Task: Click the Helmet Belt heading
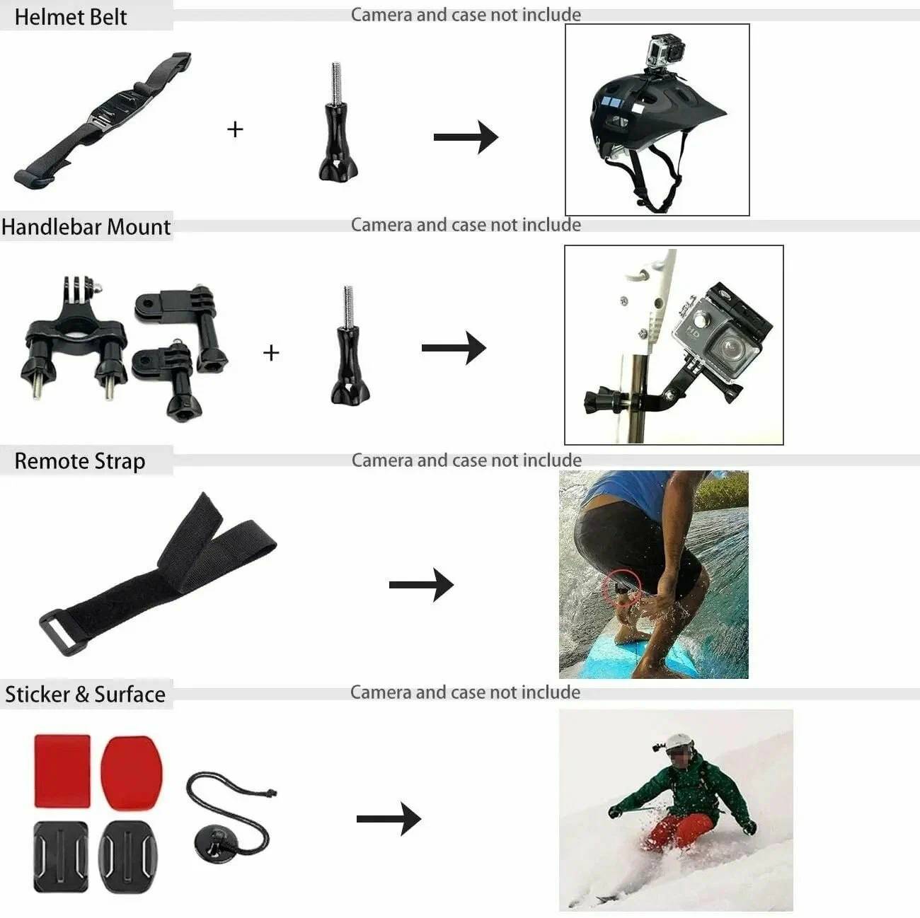[x=71, y=17]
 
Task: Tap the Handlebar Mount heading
[x=86, y=226]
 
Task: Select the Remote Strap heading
[x=80, y=461]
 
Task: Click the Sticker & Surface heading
[x=85, y=695]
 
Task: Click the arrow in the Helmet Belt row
[x=466, y=137]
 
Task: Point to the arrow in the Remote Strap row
[x=422, y=584]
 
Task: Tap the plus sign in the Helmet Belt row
[x=235, y=129]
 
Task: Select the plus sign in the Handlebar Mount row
[x=271, y=353]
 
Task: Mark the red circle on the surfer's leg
[x=621, y=588]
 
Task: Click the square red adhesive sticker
[x=62, y=771]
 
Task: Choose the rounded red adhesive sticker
[x=132, y=774]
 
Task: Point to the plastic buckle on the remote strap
[x=64, y=632]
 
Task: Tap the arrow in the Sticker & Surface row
[x=389, y=819]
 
